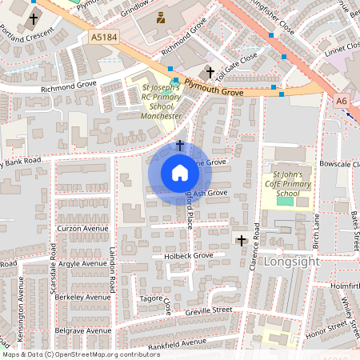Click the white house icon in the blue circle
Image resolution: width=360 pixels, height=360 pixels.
point(179,173)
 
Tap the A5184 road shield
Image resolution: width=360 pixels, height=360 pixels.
point(103,37)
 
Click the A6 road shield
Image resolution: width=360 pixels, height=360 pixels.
point(342,101)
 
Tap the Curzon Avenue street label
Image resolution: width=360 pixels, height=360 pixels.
point(82,229)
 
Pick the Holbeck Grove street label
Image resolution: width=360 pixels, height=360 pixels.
point(189,256)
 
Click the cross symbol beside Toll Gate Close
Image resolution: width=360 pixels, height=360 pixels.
point(210,72)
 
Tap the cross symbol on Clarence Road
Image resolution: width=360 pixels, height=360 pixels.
point(242,239)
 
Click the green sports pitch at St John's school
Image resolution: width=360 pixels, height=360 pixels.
point(285,200)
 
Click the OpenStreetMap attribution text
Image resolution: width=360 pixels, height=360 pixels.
point(80,354)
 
